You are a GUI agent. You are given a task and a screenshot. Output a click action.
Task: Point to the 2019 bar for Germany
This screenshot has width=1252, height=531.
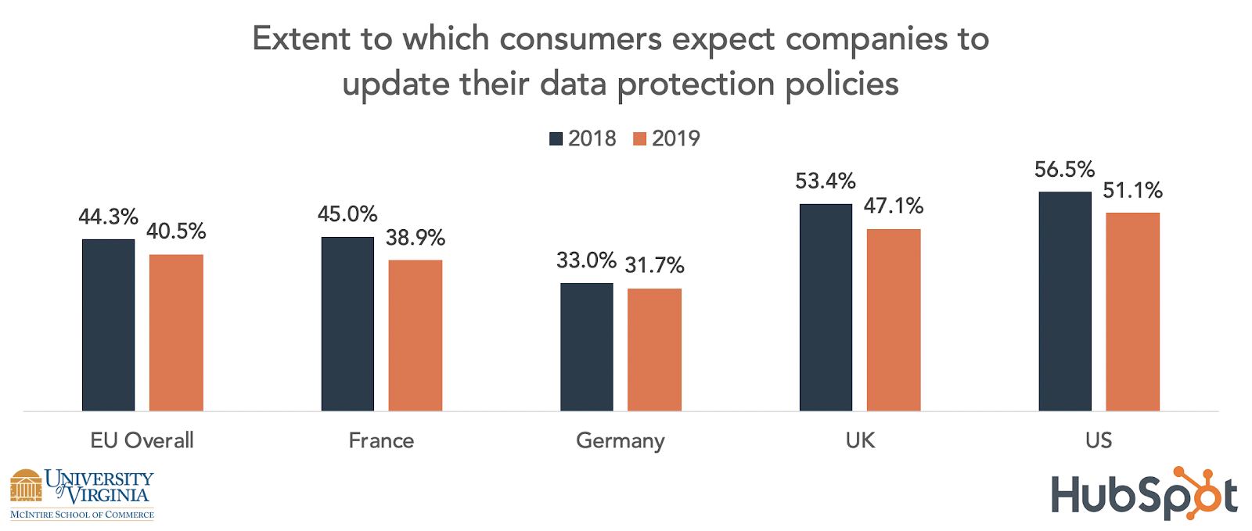[x=654, y=350]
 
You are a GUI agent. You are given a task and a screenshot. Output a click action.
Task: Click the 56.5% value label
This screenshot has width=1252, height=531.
[x=1064, y=170]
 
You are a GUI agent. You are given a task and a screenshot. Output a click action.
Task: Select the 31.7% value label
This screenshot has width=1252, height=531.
[x=654, y=266]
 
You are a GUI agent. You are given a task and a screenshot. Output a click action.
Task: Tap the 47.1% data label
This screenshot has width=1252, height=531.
[x=893, y=206]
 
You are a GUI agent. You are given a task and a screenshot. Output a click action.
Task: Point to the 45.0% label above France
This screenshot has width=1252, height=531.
[x=347, y=214]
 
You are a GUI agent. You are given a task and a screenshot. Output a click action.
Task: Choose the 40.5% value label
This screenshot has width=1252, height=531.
[x=176, y=231]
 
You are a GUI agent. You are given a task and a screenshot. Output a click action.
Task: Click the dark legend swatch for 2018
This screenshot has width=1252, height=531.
[x=556, y=139]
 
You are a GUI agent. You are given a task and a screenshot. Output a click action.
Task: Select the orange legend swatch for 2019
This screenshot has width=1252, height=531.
[x=640, y=139]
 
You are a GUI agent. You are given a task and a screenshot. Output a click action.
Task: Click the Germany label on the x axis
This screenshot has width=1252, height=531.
[x=620, y=441]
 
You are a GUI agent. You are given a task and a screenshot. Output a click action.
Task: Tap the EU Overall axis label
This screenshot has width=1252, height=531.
[x=142, y=440]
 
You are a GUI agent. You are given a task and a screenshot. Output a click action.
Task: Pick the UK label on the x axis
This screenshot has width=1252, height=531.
[x=860, y=440]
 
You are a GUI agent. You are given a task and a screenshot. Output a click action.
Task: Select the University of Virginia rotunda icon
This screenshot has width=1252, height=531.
[x=26, y=486]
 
